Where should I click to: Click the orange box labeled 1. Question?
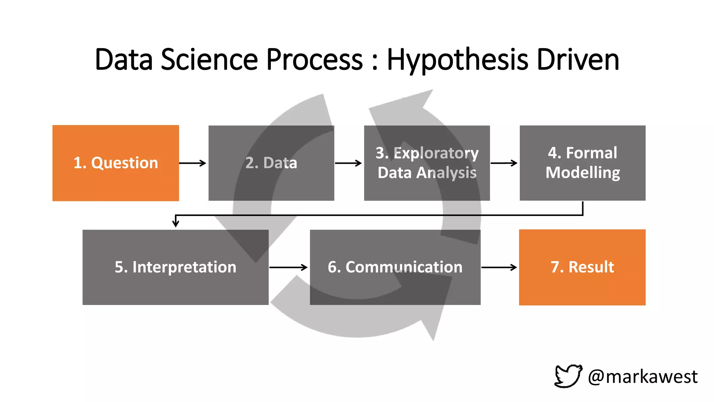115,163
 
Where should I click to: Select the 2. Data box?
271,163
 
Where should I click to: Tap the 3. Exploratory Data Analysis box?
427,163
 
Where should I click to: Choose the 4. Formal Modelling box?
582,163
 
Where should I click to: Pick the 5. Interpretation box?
175,267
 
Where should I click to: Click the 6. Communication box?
395,267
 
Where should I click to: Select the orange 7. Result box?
582,267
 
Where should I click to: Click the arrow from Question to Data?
193,163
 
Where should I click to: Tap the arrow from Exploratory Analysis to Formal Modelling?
504,163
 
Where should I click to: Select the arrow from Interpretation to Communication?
289,267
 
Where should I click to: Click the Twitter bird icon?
568,376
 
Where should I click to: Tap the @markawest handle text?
643,377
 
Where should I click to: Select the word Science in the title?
209,60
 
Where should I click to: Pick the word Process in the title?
314,60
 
